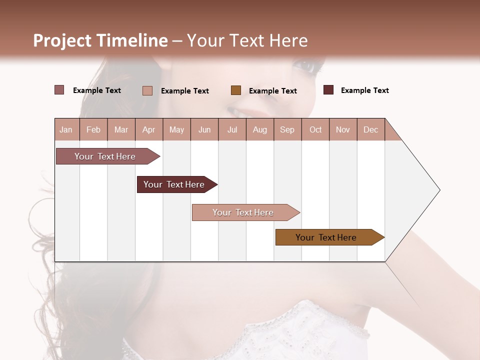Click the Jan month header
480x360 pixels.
[66, 130]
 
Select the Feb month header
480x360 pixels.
[93, 130]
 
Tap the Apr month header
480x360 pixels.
[148, 130]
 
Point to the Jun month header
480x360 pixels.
[204, 130]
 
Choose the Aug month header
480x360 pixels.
[260, 130]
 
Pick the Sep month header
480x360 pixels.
[287, 130]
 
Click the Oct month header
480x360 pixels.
[315, 130]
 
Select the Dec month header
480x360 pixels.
[370, 130]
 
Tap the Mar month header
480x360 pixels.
[121, 130]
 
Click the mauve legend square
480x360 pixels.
[59, 90]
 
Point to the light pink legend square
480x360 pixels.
[147, 90]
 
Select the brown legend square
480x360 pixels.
[236, 90]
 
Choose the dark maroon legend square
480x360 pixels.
[328, 90]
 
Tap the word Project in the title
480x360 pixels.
[62, 41]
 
